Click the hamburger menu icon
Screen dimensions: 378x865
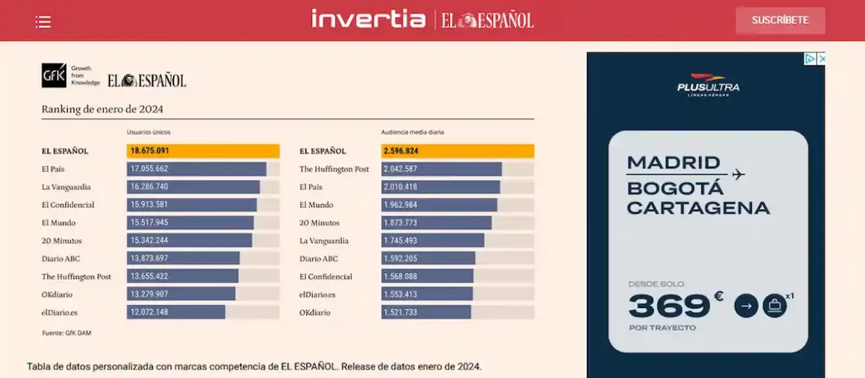tap(43, 22)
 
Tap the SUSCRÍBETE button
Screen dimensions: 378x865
tap(780, 20)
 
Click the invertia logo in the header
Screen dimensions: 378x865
tap(368, 19)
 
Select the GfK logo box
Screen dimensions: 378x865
tap(54, 76)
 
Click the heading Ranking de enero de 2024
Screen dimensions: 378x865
tap(102, 109)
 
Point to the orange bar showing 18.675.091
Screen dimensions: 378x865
tap(203, 151)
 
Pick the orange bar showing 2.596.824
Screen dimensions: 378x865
tap(457, 151)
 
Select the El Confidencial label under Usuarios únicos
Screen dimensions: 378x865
tap(68, 204)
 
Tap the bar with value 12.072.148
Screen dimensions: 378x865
tap(176, 312)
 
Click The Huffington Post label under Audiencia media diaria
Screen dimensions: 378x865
tap(334, 169)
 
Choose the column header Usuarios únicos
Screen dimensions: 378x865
tap(148, 132)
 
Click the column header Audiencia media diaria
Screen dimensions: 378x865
tap(412, 132)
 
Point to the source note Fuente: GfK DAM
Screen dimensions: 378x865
tap(66, 333)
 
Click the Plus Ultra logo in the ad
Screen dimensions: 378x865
tap(707, 84)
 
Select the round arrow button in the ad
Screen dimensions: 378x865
tap(746, 306)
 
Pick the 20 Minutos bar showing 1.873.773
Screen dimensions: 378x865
tap(436, 222)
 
